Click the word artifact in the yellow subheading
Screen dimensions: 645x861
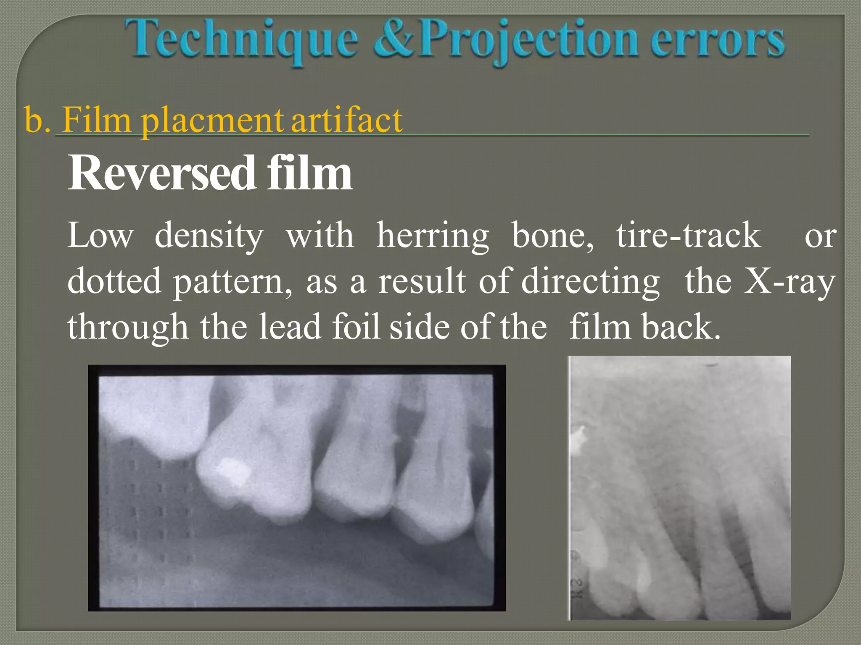point(347,121)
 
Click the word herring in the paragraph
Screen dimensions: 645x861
point(433,236)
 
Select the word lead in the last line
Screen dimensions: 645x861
point(290,326)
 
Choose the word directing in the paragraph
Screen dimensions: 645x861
point(590,281)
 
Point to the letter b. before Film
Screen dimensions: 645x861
point(37,121)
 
